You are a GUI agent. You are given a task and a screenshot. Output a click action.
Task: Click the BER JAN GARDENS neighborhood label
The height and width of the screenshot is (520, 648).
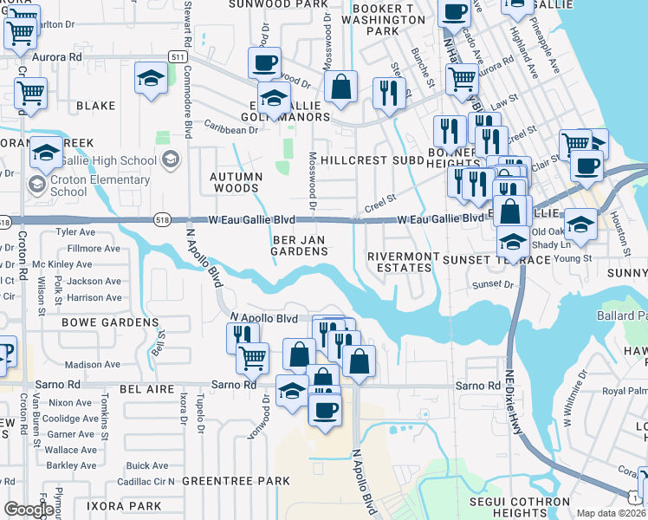coord(301,244)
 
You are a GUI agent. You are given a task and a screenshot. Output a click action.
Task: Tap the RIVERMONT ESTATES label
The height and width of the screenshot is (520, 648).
coord(399,262)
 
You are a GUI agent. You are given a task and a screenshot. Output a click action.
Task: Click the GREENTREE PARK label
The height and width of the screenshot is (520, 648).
coord(236,481)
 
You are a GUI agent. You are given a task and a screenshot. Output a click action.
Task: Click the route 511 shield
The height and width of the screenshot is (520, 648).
coord(178,56)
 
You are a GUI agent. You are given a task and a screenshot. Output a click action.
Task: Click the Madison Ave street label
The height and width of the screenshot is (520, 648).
coord(92,365)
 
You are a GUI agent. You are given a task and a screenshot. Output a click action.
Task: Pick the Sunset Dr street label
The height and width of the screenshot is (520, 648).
coord(494,284)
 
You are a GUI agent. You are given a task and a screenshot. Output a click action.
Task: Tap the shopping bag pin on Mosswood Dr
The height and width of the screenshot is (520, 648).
coord(341,87)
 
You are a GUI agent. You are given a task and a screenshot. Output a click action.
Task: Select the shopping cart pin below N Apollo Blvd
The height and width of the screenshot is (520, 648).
coord(252,356)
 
